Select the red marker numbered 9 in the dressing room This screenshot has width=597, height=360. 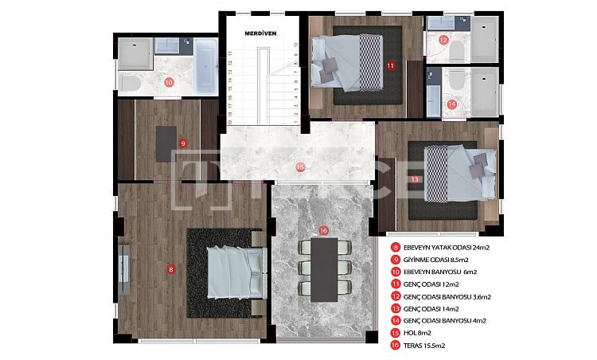click(183, 143)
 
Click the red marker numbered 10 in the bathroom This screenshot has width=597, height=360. click(169, 81)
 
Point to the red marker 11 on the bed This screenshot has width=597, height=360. click(390, 66)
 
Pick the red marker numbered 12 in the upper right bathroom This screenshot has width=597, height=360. click(443, 39)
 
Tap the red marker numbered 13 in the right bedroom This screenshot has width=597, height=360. click(415, 180)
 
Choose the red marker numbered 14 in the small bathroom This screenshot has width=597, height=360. click(451, 104)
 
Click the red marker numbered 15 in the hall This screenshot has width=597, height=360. click(299, 167)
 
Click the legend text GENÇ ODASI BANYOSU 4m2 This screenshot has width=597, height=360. click(451, 320)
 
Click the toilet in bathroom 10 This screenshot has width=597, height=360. click(130, 83)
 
